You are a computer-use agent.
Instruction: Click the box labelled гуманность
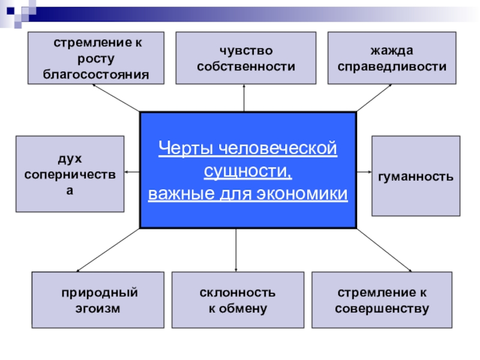pyautogui.click(x=416, y=176)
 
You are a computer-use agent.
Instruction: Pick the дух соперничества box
pyautogui.click(x=70, y=173)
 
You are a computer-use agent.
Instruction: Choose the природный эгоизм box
pyautogui.click(x=98, y=299)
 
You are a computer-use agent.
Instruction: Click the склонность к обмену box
pyautogui.click(x=238, y=299)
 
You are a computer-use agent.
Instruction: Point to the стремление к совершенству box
pyautogui.click(x=382, y=299)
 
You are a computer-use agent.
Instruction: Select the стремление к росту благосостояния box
pyautogui.click(x=96, y=58)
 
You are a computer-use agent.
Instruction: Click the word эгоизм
pyautogui.click(x=98, y=308)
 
